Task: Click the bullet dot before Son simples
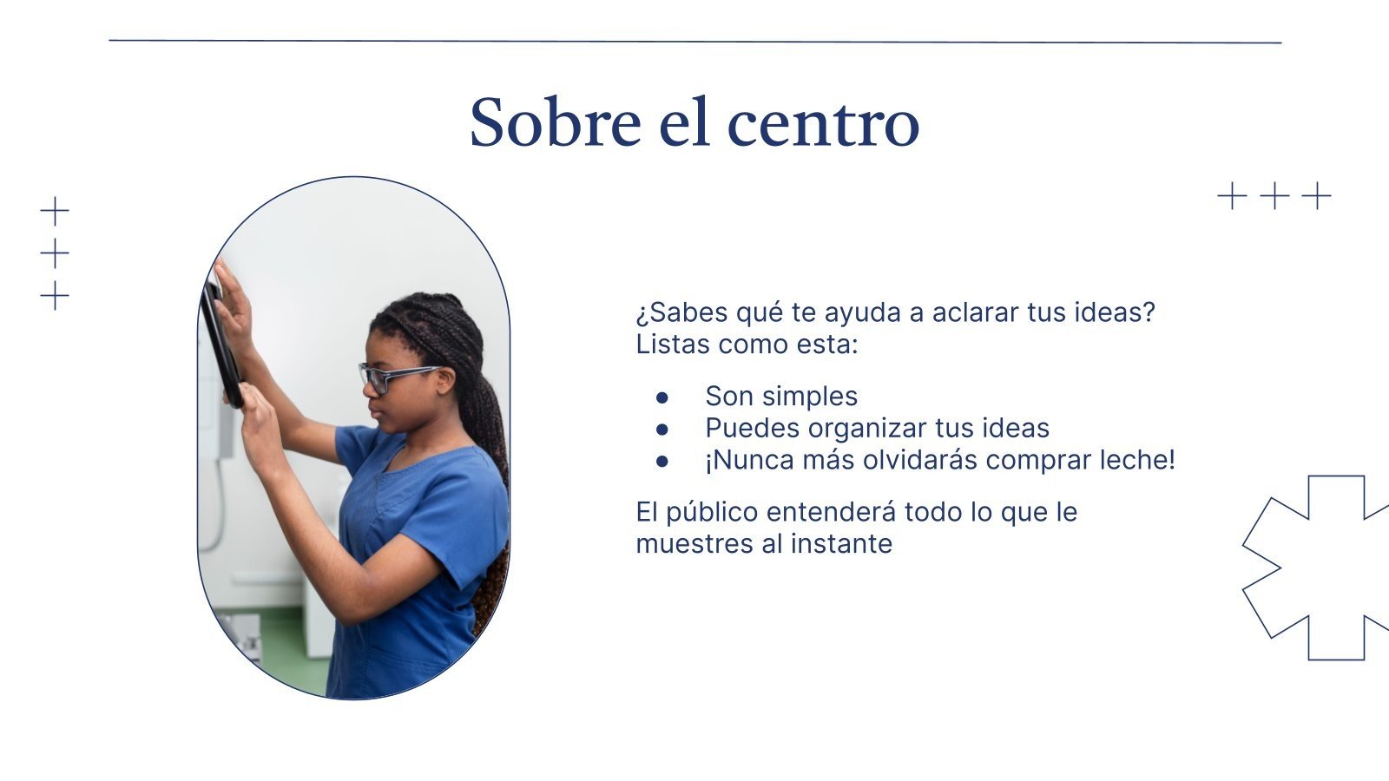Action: tap(662, 397)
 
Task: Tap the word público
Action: tap(712, 513)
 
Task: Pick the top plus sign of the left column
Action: tap(55, 211)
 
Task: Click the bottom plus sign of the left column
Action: tap(55, 296)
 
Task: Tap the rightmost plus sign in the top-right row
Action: tap(1316, 196)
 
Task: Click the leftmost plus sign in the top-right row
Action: tap(1232, 196)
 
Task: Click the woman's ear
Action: tap(445, 381)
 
